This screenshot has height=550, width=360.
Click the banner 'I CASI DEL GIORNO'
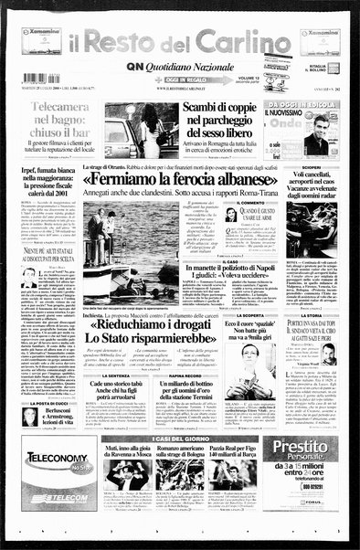tap(179, 439)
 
